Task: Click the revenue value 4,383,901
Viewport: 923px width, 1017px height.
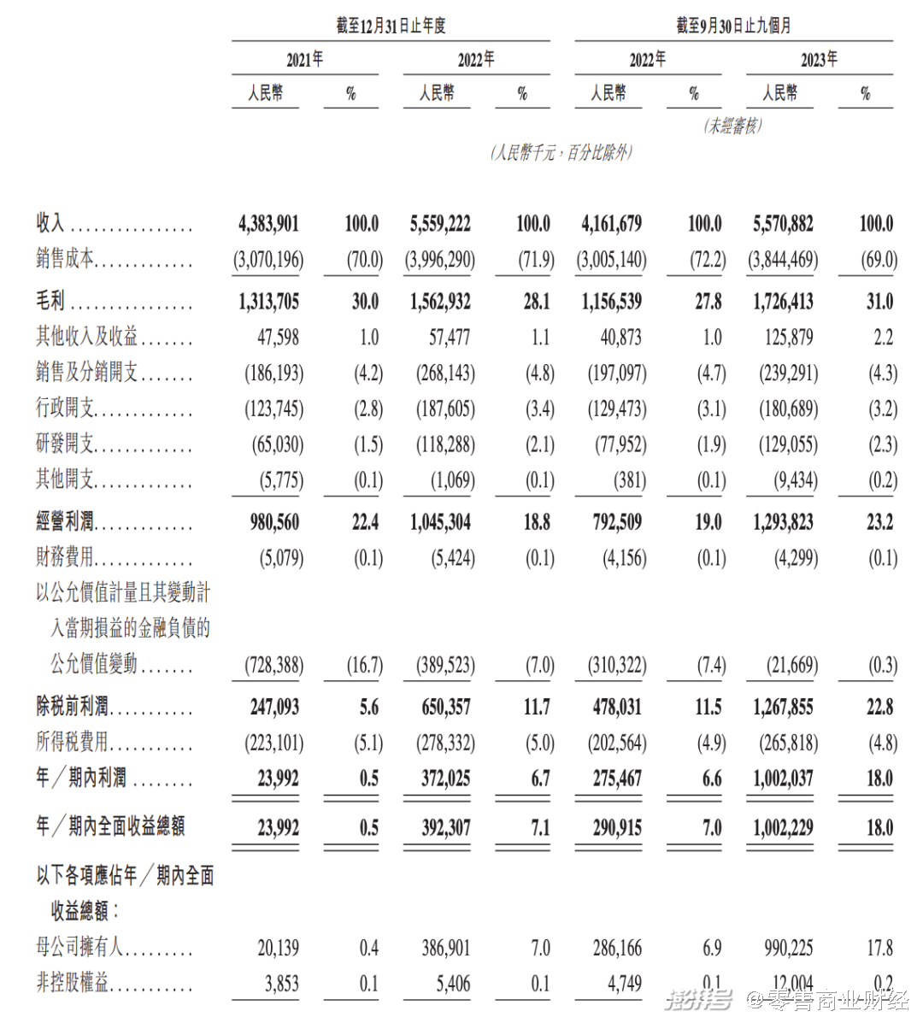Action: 268,224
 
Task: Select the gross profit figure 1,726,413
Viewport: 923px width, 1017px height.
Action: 783,302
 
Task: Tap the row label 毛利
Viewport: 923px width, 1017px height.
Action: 50,301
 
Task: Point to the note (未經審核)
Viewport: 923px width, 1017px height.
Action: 733,126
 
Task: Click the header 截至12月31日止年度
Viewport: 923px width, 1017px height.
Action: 391,26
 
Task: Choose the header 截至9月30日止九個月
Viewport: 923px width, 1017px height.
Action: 733,26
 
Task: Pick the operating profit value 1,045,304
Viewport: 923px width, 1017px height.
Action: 440,522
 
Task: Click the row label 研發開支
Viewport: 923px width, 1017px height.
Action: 65,444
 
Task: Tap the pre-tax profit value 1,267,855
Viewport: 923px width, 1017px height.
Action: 783,708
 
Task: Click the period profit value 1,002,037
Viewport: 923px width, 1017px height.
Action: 783,779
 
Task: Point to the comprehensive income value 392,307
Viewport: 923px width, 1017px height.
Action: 446,827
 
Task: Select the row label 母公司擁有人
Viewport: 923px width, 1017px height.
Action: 79,947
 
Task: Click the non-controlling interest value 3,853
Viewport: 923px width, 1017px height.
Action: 281,984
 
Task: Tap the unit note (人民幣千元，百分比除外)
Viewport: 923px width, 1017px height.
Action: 561,153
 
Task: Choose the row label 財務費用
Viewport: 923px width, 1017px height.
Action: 65,557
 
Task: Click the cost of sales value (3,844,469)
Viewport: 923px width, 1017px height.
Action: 782,260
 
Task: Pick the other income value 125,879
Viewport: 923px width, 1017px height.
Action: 789,338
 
